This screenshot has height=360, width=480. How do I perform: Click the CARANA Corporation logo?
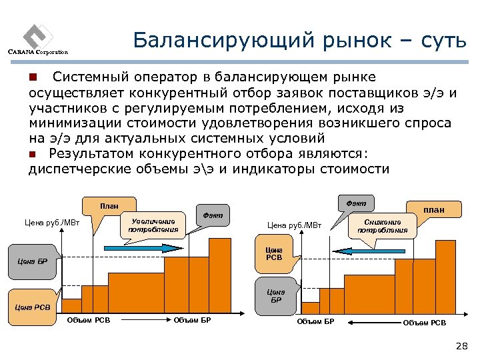(x=37, y=39)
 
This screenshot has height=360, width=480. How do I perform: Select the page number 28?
(x=461, y=345)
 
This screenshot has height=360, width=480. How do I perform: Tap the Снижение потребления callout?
(x=383, y=225)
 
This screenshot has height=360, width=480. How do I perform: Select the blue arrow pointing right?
(x=133, y=247)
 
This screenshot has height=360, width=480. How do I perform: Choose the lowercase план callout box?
(x=434, y=209)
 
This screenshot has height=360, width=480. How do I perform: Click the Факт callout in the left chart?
(x=213, y=215)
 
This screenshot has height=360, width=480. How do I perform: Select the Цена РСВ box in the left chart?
(x=33, y=307)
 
